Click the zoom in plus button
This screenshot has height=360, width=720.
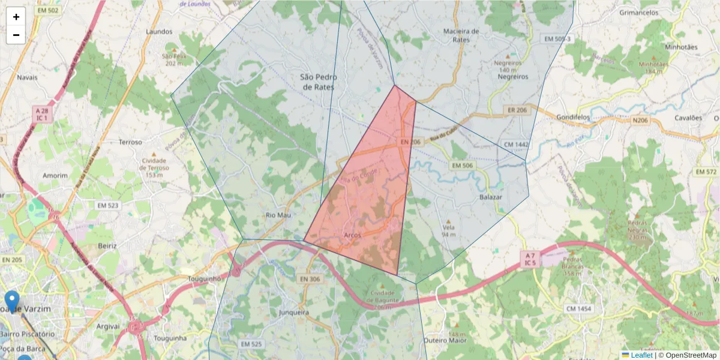point(16,17)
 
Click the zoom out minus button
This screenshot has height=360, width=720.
point(16,35)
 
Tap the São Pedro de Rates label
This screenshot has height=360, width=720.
point(319,82)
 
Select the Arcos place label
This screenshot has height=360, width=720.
point(353,235)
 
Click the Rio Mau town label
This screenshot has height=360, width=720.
point(278,215)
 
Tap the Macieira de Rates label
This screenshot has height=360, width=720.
point(461,35)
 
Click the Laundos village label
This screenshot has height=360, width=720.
point(159,31)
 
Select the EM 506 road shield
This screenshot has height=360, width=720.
point(462,165)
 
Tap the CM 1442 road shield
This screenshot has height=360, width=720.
point(517,145)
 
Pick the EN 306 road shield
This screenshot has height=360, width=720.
point(310,279)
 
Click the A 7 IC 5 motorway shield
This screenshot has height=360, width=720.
point(529,259)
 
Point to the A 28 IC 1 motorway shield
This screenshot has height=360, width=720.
point(42,115)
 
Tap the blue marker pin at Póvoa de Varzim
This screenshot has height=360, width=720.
point(11,300)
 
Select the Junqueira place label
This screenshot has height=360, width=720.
point(294,313)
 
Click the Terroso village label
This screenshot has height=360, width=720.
point(131,142)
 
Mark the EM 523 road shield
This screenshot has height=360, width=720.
point(109,205)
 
